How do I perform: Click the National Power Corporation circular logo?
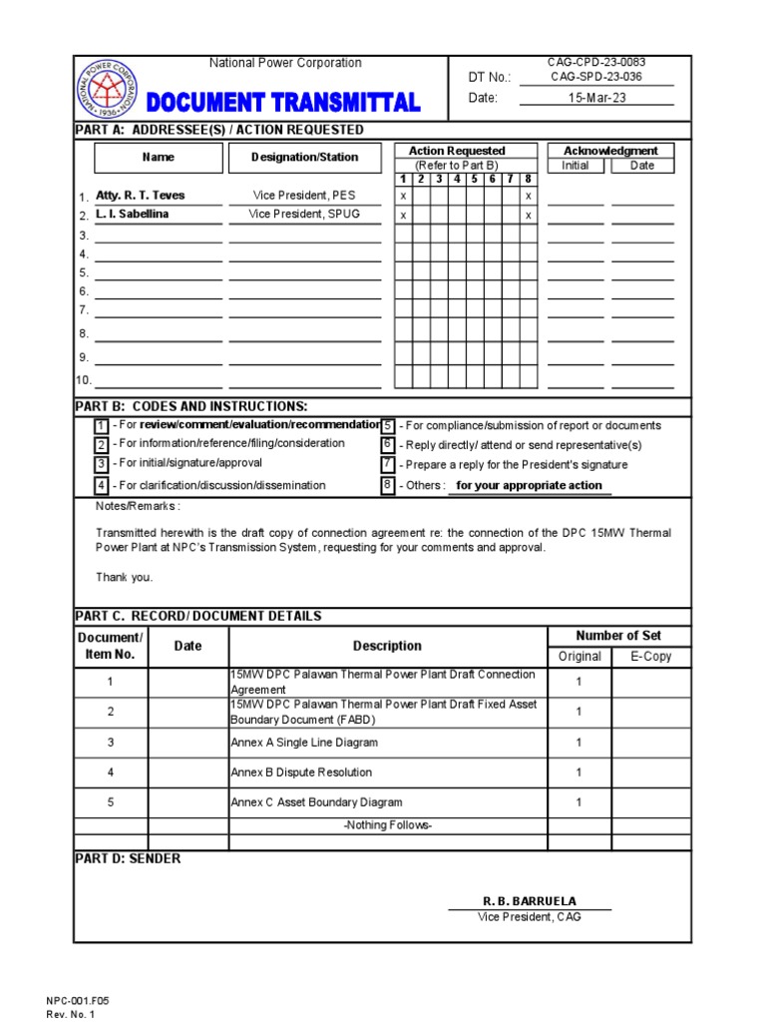(x=107, y=89)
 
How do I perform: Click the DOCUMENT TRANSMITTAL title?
(x=283, y=102)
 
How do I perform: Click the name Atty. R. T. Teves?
(x=140, y=196)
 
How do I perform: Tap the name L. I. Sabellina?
(x=133, y=215)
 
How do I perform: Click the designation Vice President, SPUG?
(x=304, y=215)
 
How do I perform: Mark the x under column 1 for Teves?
(x=403, y=197)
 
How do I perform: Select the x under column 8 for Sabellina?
(x=529, y=216)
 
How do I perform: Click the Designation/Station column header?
(x=304, y=158)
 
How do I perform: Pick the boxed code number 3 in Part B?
(x=102, y=464)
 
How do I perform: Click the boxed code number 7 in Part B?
(x=388, y=464)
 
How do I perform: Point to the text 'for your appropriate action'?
(x=529, y=486)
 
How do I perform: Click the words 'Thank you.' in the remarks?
(x=125, y=577)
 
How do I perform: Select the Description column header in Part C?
(x=387, y=646)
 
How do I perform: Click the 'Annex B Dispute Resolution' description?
(x=301, y=772)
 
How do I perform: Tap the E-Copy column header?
(x=650, y=657)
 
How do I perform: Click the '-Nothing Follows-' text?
(x=387, y=825)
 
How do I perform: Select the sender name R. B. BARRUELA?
(x=530, y=901)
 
